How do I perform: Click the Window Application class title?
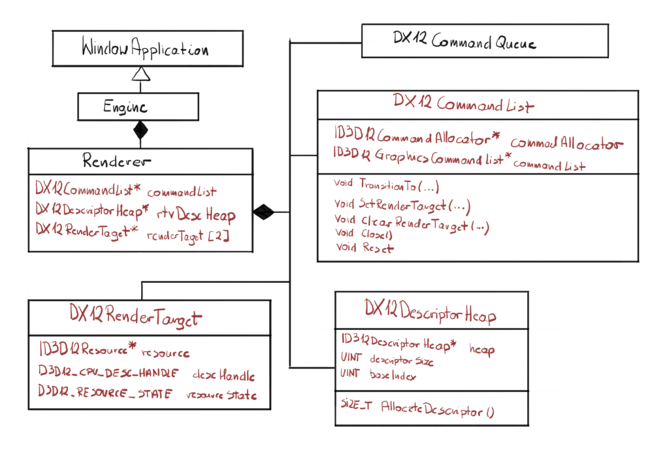click(x=145, y=49)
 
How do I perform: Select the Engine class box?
click(x=138, y=106)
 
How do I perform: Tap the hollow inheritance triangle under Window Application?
click(x=141, y=74)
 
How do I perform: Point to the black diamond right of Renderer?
click(x=263, y=212)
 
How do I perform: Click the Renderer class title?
click(x=118, y=161)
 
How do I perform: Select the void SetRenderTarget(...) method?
click(x=402, y=205)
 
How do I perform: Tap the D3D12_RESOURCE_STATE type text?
click(x=105, y=393)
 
